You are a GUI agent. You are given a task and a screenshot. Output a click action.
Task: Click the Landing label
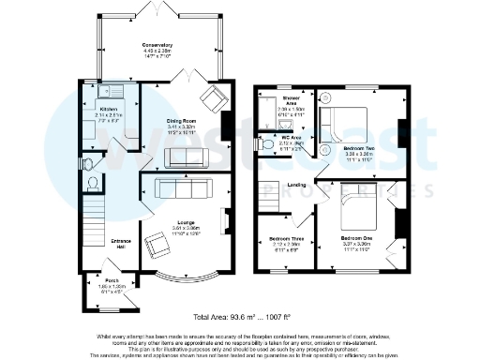coord(296,185)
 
